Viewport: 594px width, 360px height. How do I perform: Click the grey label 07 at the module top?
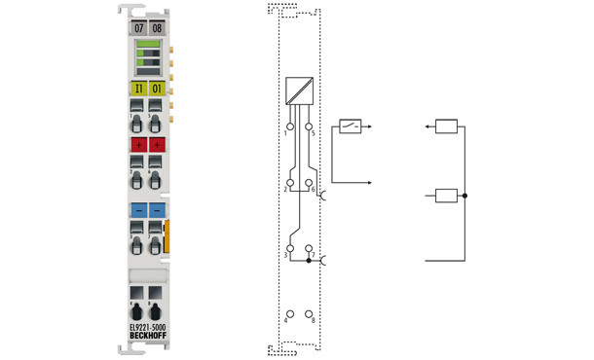pos(138,28)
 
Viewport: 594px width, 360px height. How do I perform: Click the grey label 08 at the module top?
pos(157,28)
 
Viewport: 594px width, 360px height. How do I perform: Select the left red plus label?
pos(138,145)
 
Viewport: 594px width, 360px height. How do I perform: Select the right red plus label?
pos(157,145)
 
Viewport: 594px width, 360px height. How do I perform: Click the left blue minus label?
pos(138,209)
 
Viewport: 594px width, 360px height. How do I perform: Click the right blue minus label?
pos(157,209)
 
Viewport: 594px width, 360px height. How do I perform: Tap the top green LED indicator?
pos(148,45)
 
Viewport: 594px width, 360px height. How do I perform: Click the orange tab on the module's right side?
pos(169,238)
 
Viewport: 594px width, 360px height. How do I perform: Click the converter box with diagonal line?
pos(299,91)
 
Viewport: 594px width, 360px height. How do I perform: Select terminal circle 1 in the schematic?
pos(288,126)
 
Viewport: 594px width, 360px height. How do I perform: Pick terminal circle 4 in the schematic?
pos(288,316)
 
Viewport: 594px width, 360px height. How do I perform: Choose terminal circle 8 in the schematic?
pos(310,316)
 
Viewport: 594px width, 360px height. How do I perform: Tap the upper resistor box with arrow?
pos(446,126)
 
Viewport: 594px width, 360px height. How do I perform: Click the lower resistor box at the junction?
pos(446,196)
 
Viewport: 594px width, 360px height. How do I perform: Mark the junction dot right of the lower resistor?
pos(465,196)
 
